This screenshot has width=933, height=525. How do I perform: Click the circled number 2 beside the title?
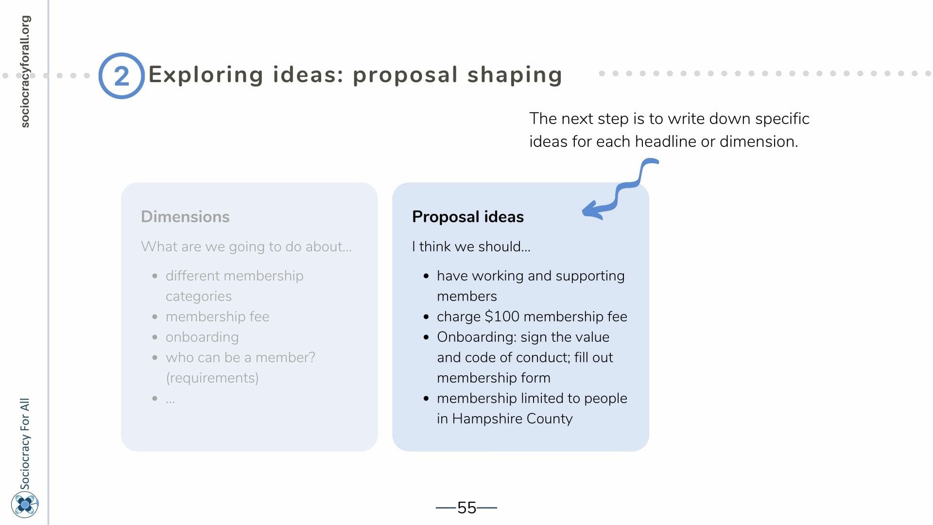(x=121, y=76)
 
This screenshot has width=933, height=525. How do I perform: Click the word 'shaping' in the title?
(x=515, y=75)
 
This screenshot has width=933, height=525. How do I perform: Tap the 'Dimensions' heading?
(x=185, y=216)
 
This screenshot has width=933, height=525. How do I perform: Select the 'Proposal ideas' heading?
(x=468, y=216)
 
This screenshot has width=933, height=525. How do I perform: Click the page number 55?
(x=466, y=507)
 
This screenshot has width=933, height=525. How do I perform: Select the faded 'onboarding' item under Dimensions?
(x=202, y=337)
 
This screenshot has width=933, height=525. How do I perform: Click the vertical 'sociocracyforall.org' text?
(x=25, y=71)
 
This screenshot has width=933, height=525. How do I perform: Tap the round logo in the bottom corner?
(x=25, y=505)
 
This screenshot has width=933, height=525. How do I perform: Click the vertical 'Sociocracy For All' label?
(x=25, y=443)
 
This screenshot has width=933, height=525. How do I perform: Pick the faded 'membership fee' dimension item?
(x=217, y=316)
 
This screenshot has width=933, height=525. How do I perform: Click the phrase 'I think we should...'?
(x=471, y=246)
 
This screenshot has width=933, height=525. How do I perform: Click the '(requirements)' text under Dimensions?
(x=212, y=378)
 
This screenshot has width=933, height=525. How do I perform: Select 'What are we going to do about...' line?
(x=246, y=246)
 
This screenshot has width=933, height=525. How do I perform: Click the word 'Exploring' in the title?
(x=206, y=75)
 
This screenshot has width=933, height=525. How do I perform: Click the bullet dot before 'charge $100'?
(x=426, y=317)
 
